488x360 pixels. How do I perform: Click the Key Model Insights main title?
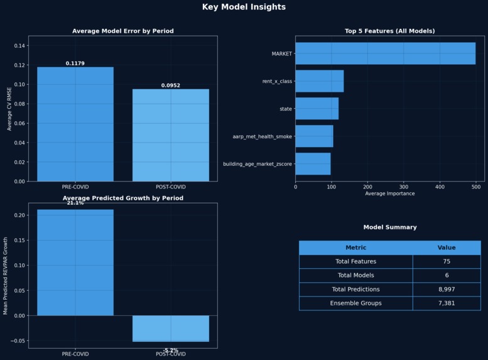click(244, 7)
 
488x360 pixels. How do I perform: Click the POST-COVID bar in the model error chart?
click(170, 135)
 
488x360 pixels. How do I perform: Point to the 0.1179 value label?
click(75, 63)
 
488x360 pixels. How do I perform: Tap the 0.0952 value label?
click(170, 85)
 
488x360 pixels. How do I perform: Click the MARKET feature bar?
click(385, 53)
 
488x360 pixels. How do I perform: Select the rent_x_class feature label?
click(277, 81)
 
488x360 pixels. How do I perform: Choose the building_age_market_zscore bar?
click(313, 164)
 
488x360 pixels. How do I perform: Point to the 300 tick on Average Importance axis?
click(404, 187)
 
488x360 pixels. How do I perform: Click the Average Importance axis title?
click(389, 194)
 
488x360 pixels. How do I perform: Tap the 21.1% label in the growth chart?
click(75, 203)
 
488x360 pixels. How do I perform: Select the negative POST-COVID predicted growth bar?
click(170, 329)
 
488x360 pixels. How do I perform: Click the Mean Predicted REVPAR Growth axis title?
click(6, 276)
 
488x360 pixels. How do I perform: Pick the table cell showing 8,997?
click(447, 289)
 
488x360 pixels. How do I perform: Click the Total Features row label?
click(355, 261)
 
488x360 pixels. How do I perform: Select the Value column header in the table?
click(447, 248)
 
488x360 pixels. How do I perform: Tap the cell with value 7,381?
click(447, 303)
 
